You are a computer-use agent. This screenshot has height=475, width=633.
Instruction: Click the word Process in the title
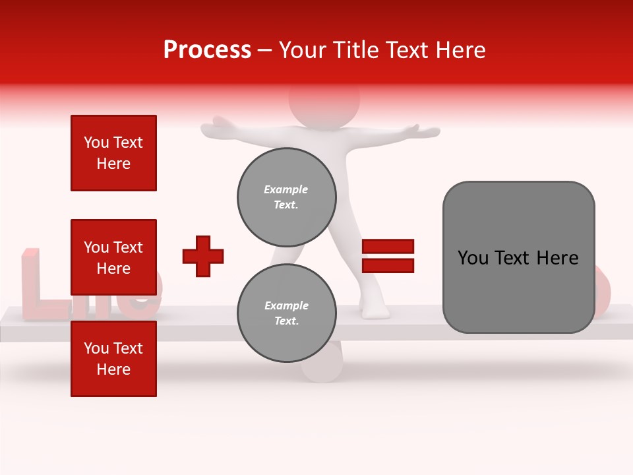207,50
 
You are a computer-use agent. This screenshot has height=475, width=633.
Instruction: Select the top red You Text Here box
113,153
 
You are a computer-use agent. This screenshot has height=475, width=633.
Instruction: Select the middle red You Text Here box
113,257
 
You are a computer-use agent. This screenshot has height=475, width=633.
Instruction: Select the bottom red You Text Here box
113,359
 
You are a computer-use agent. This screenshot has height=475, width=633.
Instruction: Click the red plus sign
203,256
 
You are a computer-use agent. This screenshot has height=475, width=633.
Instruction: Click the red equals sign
388,256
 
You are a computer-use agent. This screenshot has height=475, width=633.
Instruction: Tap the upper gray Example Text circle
286,197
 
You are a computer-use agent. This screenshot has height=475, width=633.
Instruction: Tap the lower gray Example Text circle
286,313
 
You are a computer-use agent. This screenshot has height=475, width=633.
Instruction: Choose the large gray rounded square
518,257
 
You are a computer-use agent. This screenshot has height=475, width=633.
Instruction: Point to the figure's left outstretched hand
218,125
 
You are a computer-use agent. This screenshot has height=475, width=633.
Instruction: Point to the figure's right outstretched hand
422,130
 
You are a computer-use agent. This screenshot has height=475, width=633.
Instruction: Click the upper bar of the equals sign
388,247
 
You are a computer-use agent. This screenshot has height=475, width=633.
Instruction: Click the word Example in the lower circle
286,305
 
